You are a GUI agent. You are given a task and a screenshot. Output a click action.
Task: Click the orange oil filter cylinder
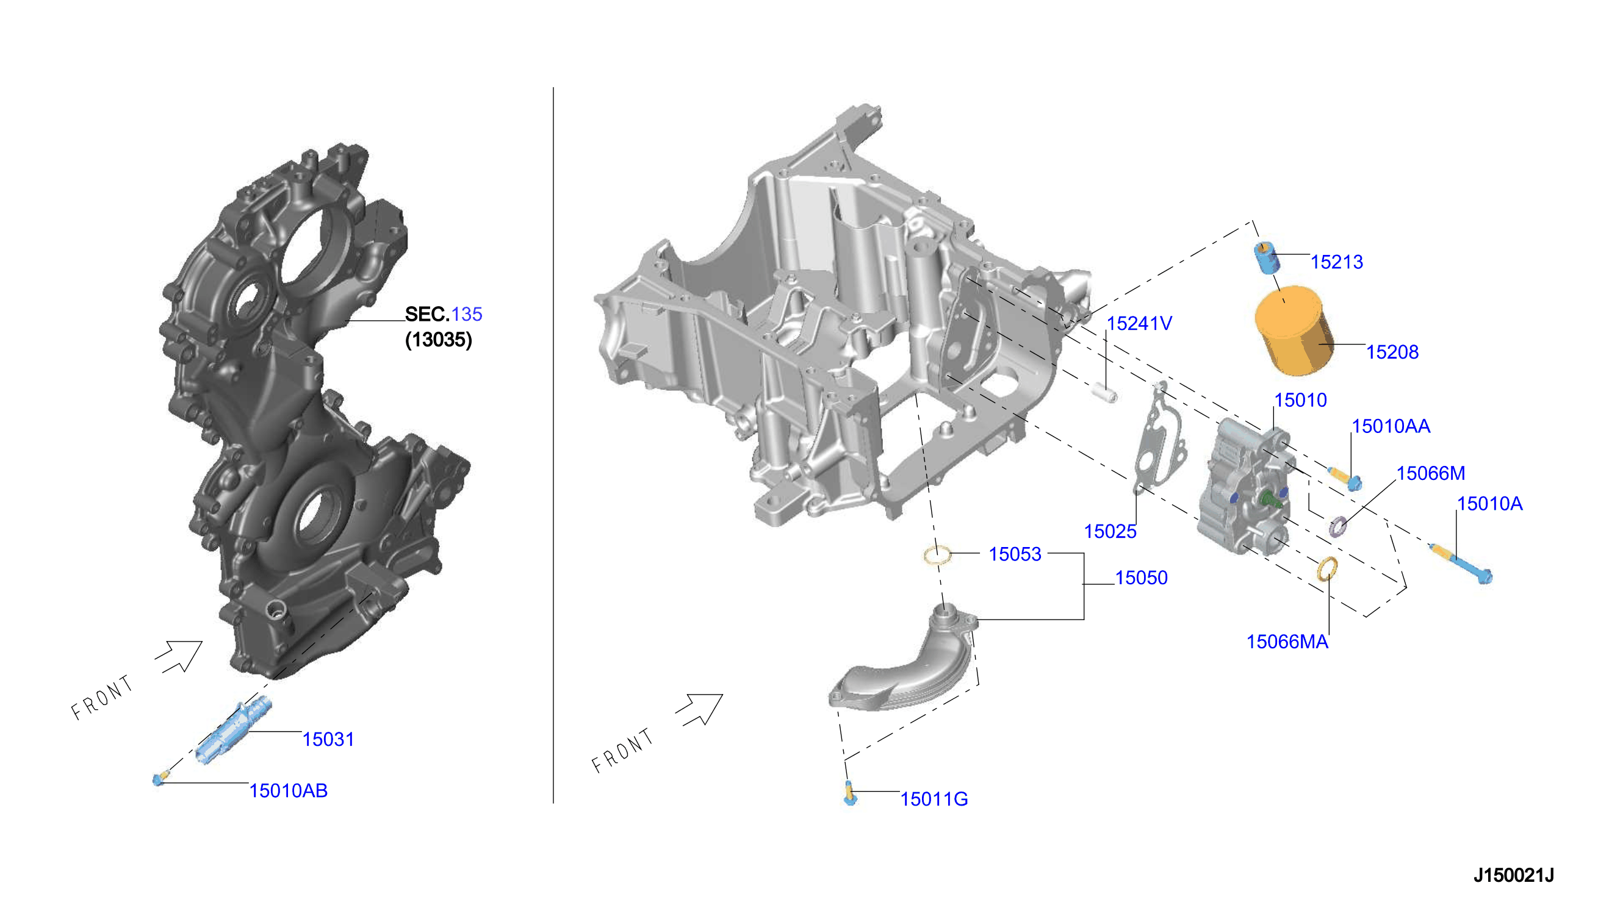coord(1294,331)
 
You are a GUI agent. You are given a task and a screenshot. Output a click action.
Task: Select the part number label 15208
coord(1392,352)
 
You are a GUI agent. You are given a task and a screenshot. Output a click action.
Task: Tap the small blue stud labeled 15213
coord(1266,258)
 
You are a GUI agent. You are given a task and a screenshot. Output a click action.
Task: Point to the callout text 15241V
coord(1139,323)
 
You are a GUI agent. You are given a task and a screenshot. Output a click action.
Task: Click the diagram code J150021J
coord(1513,875)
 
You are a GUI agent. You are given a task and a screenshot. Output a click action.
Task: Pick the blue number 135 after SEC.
coord(466,314)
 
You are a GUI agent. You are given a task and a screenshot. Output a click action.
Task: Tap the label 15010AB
coord(288,790)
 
